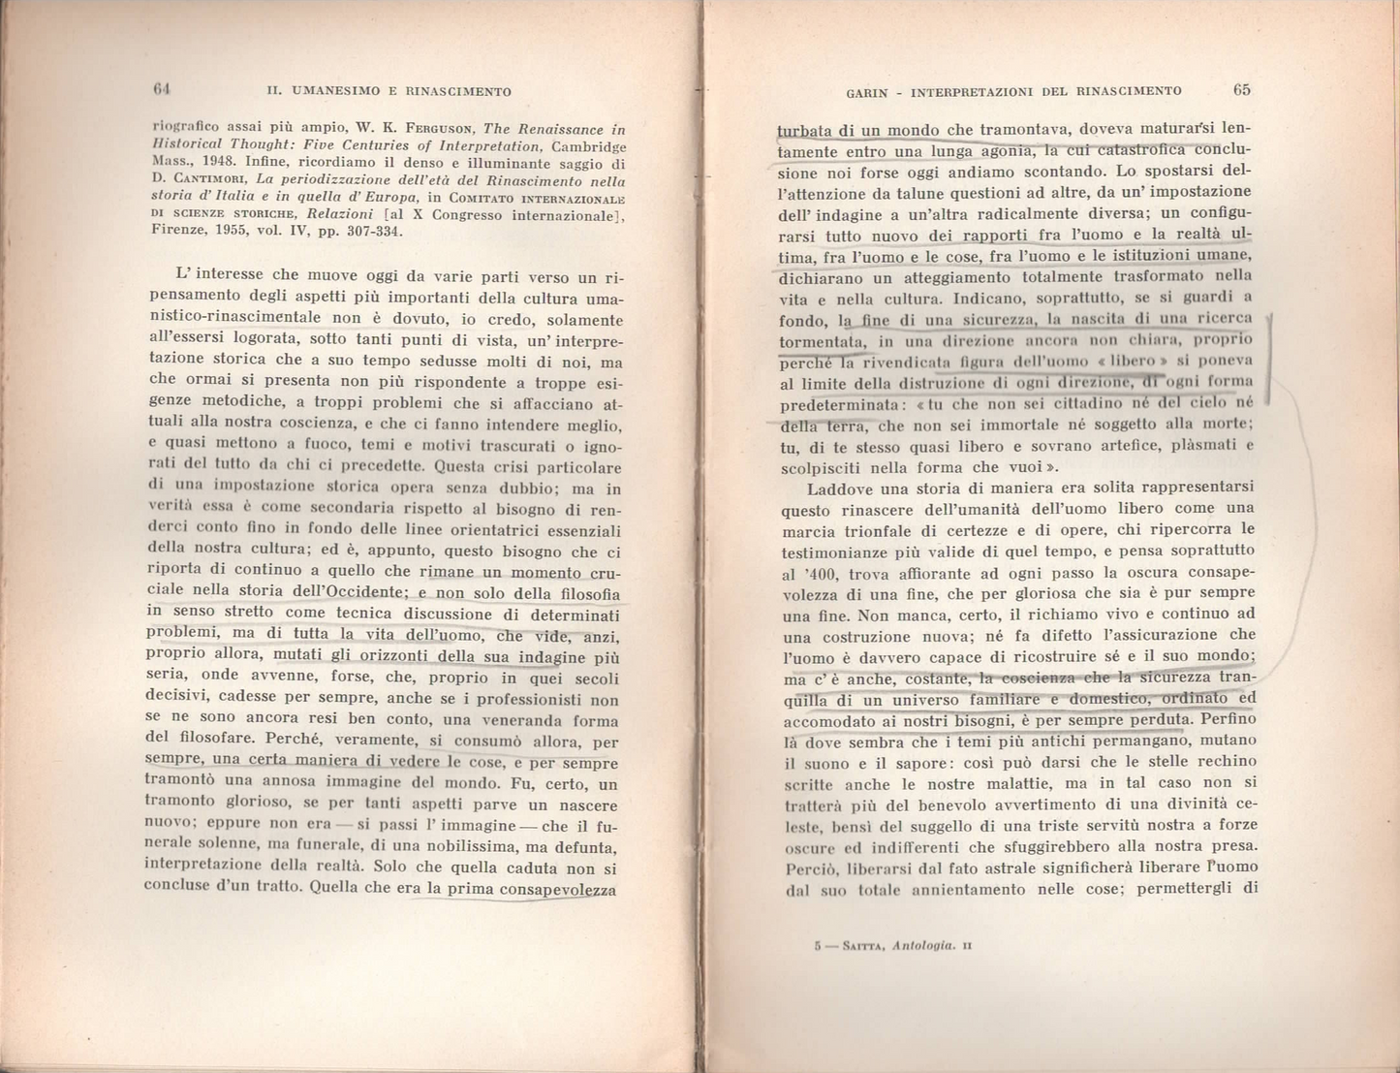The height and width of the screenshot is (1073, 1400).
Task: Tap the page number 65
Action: click(x=1242, y=90)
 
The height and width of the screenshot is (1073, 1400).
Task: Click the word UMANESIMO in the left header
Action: click(x=337, y=92)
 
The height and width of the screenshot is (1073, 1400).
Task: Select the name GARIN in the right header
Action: click(x=864, y=92)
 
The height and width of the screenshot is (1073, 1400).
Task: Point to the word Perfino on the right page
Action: click(x=1229, y=720)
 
